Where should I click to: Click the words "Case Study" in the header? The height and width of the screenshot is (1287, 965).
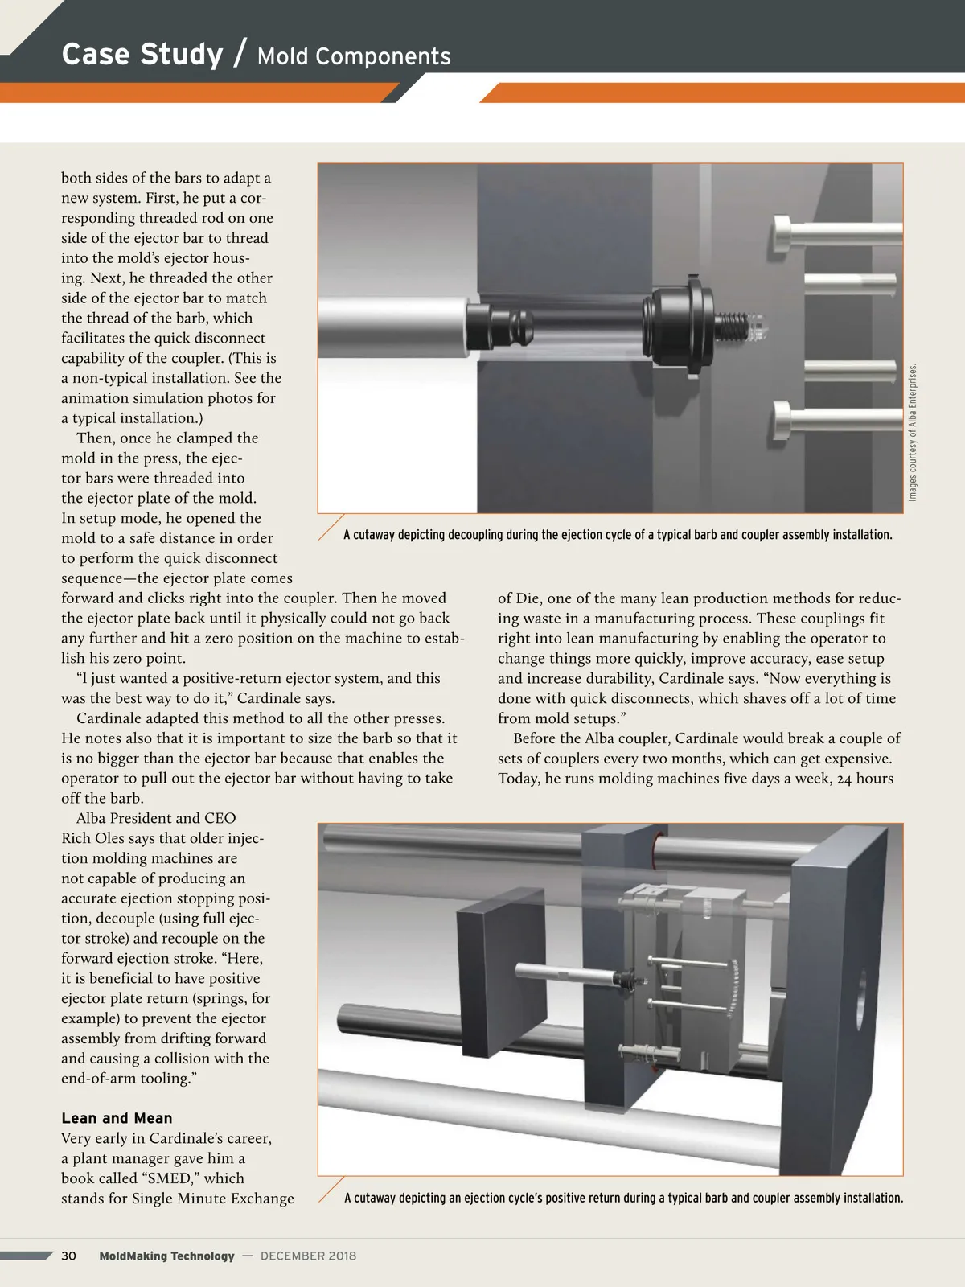(142, 55)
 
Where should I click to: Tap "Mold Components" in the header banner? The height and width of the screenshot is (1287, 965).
(354, 56)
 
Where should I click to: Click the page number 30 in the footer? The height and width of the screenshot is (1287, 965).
(69, 1256)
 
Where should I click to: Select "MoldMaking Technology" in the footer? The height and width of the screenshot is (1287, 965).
(166, 1256)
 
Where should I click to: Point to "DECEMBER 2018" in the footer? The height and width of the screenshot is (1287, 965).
(308, 1256)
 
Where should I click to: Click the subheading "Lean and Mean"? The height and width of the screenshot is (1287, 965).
(117, 1118)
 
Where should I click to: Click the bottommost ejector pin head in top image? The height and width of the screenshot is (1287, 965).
(784, 416)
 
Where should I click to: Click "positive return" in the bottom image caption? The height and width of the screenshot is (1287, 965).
(584, 1198)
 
